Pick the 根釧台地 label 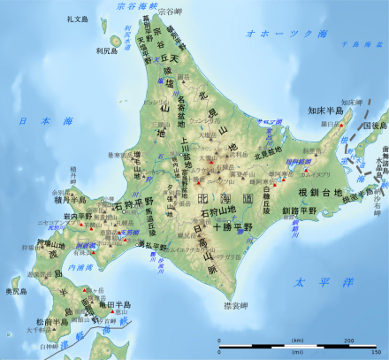(x=324, y=191)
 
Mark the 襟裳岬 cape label (x=236, y=305)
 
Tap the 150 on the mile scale (x=377, y=351)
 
